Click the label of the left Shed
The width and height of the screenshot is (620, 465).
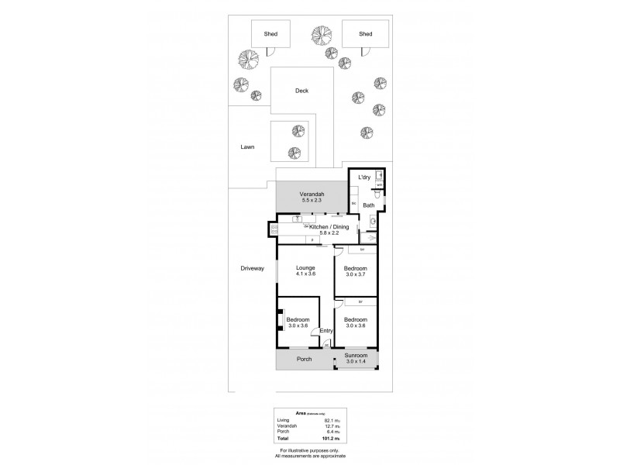pyautogui.click(x=271, y=34)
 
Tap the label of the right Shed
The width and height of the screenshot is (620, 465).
pyautogui.click(x=366, y=34)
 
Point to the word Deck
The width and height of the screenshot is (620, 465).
pyautogui.click(x=301, y=91)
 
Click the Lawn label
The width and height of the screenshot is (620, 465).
pyautogui.click(x=247, y=146)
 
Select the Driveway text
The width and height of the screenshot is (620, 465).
pyautogui.click(x=253, y=268)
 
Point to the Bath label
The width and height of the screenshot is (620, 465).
pyautogui.click(x=368, y=205)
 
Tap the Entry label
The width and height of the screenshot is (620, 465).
pyautogui.click(x=326, y=331)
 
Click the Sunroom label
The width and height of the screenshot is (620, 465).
pyautogui.click(x=356, y=355)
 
